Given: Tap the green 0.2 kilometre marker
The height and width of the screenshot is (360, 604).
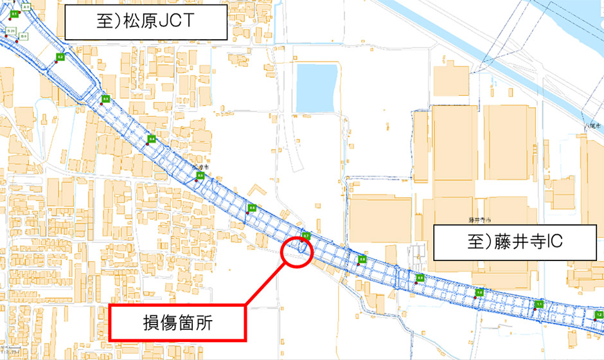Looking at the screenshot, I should [60, 57].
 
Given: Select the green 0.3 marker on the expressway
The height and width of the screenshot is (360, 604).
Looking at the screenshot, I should [106, 98].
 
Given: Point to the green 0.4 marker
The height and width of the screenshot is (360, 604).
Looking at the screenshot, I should [152, 139].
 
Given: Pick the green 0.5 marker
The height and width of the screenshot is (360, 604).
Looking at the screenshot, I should [200, 175].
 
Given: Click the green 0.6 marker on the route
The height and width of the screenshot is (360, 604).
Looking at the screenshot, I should [253, 208].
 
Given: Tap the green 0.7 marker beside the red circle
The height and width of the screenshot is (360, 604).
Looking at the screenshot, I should [306, 236].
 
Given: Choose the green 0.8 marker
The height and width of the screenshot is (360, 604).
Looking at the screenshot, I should [362, 259].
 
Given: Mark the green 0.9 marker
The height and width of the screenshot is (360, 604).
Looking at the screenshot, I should [420, 278].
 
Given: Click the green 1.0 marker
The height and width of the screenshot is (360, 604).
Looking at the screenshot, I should [479, 292].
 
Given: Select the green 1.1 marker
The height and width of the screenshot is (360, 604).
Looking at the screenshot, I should [540, 303].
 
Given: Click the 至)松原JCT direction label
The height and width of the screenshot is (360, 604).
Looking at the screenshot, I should [147, 23].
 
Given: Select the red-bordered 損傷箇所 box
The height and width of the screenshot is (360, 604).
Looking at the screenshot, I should [177, 322].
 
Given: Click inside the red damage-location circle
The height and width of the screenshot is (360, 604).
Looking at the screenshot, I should [297, 251].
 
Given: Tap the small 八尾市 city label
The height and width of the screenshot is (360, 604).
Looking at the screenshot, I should [594, 127].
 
